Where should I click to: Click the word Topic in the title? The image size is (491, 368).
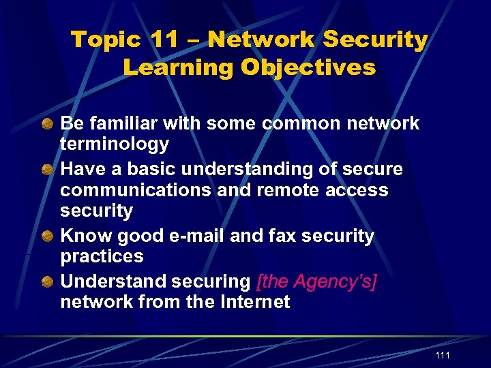click(x=106, y=40)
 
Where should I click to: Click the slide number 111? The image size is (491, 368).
click(x=442, y=356)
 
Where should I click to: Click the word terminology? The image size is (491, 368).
click(x=115, y=144)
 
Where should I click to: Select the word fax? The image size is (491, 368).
click(x=279, y=236)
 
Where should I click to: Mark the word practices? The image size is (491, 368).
click(x=102, y=256)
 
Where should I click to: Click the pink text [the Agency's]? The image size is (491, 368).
click(x=316, y=281)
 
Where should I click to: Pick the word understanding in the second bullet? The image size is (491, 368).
click(x=248, y=168)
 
